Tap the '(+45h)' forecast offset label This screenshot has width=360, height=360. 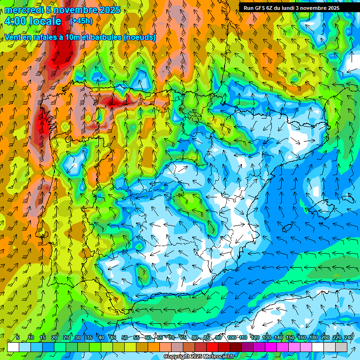(x=81, y=21)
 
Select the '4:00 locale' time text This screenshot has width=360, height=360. (x=33, y=21)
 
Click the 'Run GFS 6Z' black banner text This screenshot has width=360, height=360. (x=259, y=8)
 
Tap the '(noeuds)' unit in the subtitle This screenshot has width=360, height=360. (x=140, y=37)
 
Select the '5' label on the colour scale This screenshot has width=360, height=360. (x=18, y=337)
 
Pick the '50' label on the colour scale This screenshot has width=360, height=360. (x=124, y=337)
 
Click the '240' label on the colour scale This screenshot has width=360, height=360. (x=349, y=337)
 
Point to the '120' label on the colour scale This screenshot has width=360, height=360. (x=255, y=337)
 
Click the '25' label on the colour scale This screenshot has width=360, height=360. (x=66, y=337)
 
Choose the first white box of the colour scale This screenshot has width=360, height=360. (x=13, y=347)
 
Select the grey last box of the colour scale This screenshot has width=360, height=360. (x=341, y=347)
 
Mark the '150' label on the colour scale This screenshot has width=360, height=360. (x=290, y=337)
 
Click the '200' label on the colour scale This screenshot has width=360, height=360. (x=325, y=337)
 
